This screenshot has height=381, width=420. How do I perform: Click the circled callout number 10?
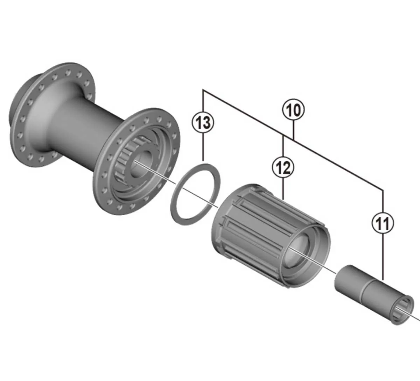(x=293, y=110)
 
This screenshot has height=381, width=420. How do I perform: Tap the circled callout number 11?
(x=383, y=223)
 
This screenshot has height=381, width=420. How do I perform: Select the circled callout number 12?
(x=283, y=167)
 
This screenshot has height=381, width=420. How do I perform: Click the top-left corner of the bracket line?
(x=203, y=91)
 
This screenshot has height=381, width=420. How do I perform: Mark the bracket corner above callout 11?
(x=383, y=190)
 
